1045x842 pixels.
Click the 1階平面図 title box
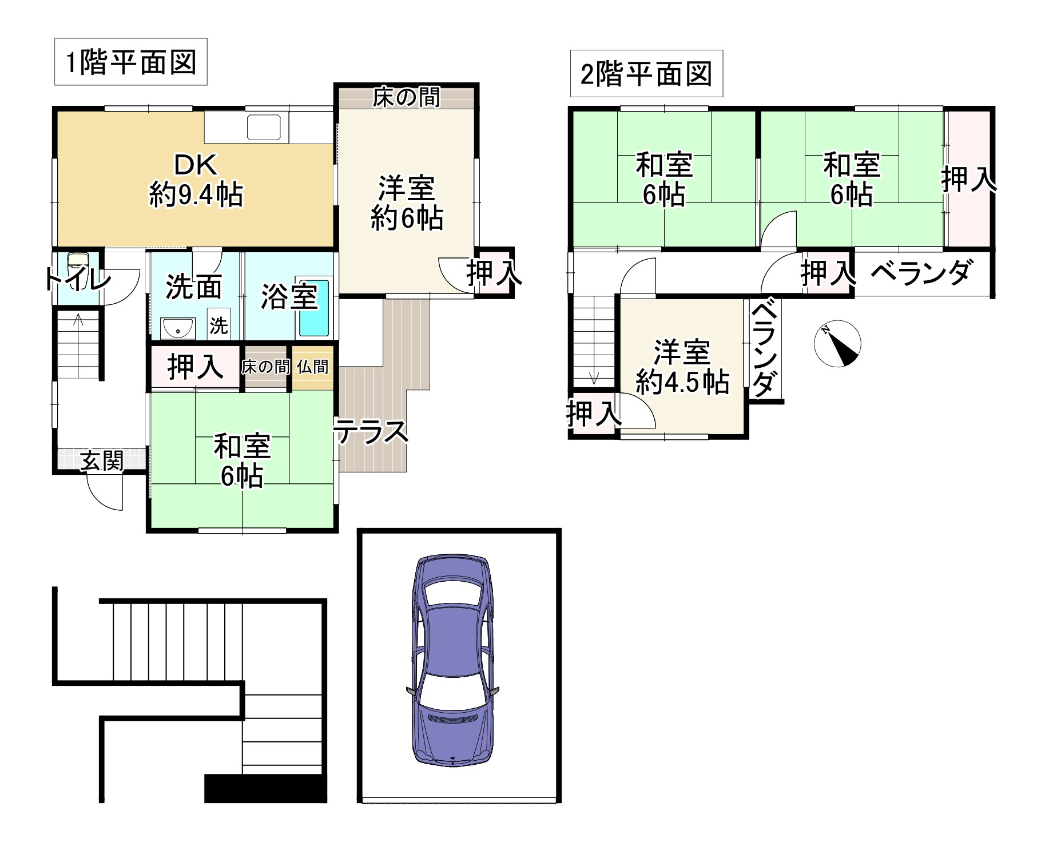130,62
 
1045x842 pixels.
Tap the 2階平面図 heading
646,73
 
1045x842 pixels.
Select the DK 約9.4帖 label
196,180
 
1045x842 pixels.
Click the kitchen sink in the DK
264,127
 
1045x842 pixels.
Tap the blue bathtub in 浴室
314,309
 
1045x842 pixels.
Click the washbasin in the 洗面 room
178,328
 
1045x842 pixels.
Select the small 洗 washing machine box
218,325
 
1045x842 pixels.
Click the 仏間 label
312,367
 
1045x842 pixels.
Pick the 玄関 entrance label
101,460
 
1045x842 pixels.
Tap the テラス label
372,431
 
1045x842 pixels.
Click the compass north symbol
837,344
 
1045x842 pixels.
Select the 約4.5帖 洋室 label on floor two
682,367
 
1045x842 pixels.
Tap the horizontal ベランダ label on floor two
921,272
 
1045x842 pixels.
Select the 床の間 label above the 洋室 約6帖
407,97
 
